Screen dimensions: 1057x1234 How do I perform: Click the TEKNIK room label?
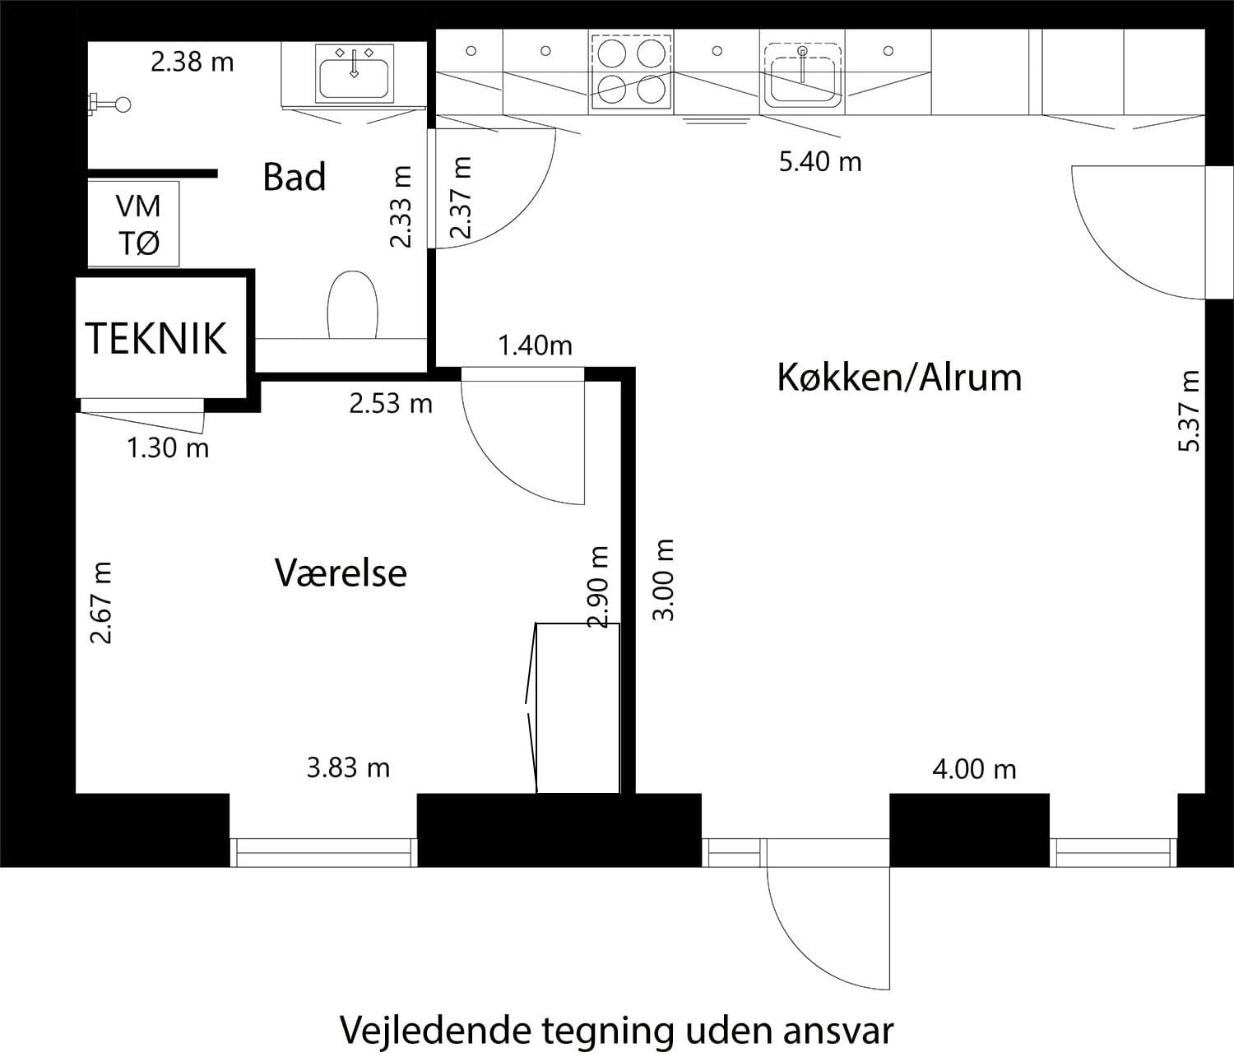click(x=155, y=338)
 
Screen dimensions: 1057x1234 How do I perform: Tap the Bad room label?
click(x=294, y=177)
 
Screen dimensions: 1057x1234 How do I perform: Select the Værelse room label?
click(x=341, y=573)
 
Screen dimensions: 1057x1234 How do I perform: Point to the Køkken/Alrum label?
click(x=899, y=378)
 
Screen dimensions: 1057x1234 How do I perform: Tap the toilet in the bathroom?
click(x=352, y=305)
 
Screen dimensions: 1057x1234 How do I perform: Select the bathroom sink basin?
click(x=354, y=72)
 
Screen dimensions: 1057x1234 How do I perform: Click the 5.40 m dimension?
click(x=820, y=162)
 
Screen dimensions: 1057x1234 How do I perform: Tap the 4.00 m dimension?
click(x=974, y=770)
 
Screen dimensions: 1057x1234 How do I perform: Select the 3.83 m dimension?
click(x=348, y=768)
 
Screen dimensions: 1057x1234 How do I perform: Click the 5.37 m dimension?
click(x=1190, y=411)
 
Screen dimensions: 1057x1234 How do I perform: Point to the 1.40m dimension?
click(x=535, y=345)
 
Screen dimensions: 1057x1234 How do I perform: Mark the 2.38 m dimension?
click(x=193, y=62)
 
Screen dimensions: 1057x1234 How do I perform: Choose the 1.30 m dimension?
click(x=168, y=448)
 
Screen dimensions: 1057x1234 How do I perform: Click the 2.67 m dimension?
click(x=101, y=603)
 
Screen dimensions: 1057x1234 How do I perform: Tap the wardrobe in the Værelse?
click(x=578, y=708)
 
